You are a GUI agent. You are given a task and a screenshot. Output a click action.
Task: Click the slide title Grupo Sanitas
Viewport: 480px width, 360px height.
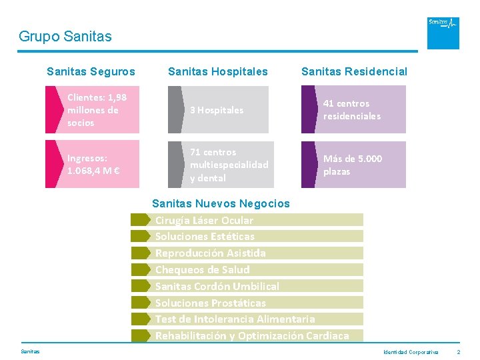coord(65,36)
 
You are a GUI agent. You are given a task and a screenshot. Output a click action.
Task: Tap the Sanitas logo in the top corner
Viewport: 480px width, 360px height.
coord(443,33)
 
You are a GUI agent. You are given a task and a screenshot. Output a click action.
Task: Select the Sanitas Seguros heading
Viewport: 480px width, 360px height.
coord(91,71)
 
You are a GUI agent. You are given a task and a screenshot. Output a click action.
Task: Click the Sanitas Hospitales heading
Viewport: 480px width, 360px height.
coord(218,71)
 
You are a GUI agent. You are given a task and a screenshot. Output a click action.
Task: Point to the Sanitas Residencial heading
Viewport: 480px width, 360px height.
coord(354,71)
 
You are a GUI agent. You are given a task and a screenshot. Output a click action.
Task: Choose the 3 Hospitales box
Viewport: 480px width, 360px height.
coord(220,110)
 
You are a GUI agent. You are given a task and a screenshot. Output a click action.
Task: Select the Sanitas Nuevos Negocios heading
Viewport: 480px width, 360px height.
coord(221,203)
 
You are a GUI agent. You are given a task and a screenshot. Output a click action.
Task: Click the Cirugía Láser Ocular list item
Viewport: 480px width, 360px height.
coord(204,220)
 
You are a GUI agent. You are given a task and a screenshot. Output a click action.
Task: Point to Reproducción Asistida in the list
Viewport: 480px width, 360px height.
coord(210,253)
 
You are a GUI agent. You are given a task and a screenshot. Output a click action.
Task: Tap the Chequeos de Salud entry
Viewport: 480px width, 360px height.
coord(202,270)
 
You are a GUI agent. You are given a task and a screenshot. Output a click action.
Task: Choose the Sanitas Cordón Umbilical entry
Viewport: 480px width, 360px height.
coord(217,287)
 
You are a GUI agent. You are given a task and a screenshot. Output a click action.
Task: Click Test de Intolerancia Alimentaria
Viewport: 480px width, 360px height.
coord(235,319)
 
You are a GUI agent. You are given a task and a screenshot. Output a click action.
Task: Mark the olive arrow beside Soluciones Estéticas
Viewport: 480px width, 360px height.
coord(141,237)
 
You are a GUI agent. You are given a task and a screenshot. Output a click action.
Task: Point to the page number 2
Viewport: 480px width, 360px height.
coord(459,351)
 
